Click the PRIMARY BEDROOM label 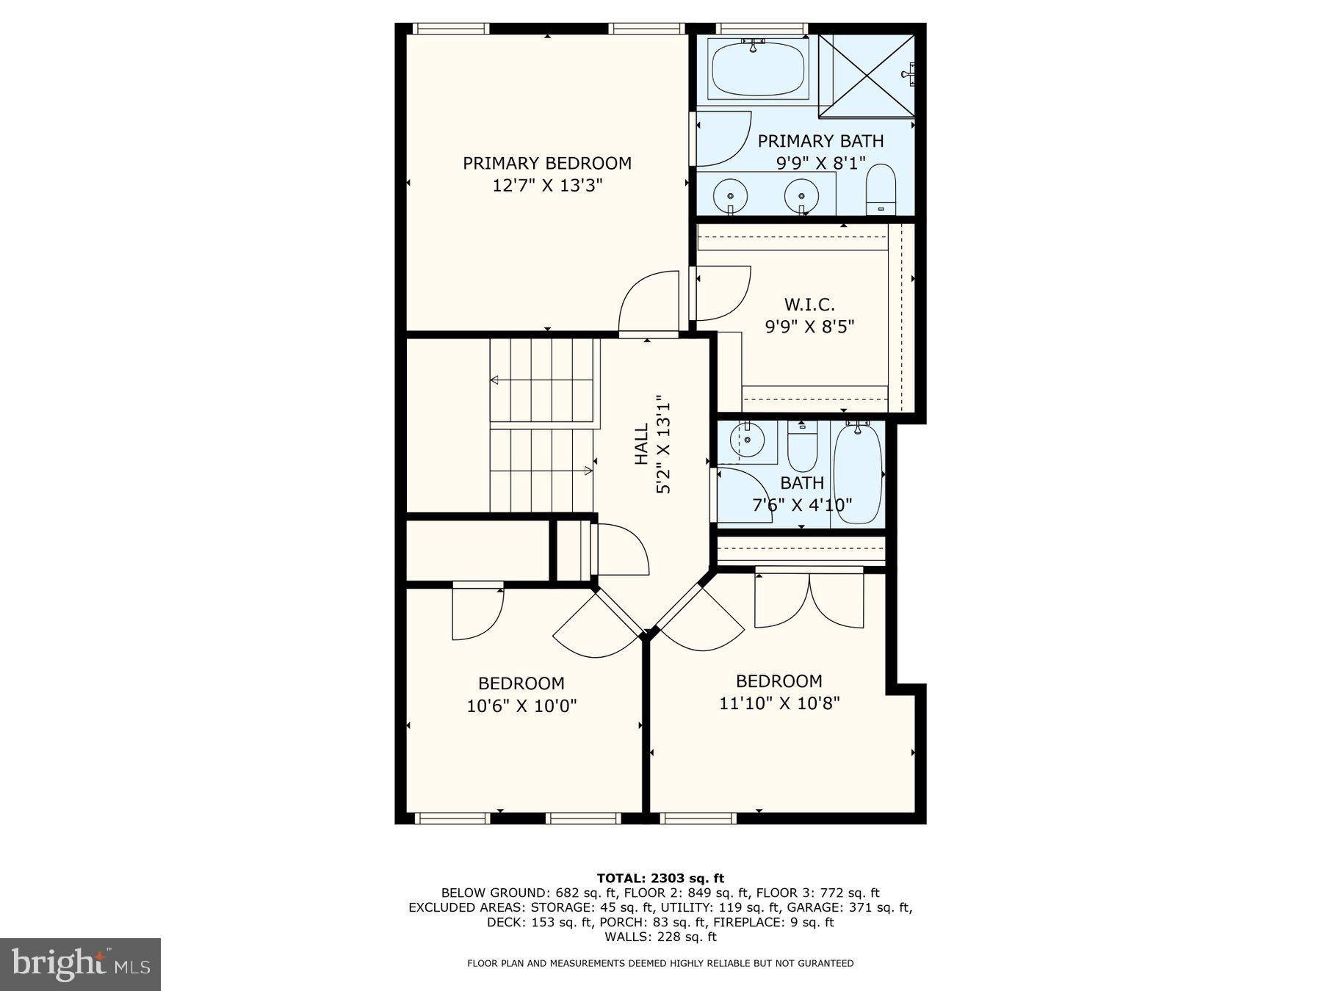click(x=546, y=163)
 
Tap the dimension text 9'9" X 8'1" click(x=820, y=163)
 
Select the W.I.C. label click(x=809, y=304)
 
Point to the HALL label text click(x=641, y=443)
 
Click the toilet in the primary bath click(x=881, y=189)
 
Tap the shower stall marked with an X click(x=867, y=75)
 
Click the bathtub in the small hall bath click(x=858, y=473)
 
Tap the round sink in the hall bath click(x=747, y=442)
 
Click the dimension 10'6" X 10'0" click(x=521, y=706)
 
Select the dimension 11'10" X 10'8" click(x=779, y=703)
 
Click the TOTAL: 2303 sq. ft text click(x=660, y=878)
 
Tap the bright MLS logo click(x=80, y=964)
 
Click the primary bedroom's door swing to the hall click(x=648, y=302)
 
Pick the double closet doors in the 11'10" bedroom click(x=809, y=600)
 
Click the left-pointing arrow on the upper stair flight click(x=495, y=380)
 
